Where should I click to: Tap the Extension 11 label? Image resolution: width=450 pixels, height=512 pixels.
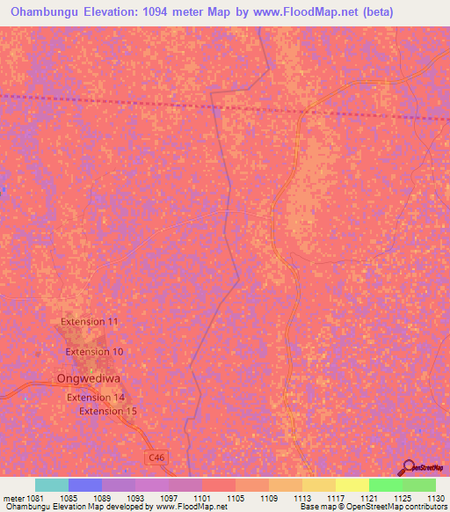pyautogui.click(x=89, y=322)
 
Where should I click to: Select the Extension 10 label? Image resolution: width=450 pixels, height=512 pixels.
pyautogui.click(x=94, y=352)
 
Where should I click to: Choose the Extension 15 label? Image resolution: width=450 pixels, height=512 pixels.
pyautogui.click(x=108, y=411)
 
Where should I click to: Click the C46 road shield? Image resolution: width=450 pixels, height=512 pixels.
pyautogui.click(x=156, y=457)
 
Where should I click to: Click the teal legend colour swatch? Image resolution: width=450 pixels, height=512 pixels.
pyautogui.click(x=52, y=485)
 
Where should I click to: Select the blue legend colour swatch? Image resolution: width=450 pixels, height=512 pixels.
pyautogui.click(x=85, y=485)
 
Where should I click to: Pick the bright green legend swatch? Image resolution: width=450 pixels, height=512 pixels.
pyautogui.click(x=386, y=485)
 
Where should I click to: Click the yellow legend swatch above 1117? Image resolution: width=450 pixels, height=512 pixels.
pyautogui.click(x=319, y=485)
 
